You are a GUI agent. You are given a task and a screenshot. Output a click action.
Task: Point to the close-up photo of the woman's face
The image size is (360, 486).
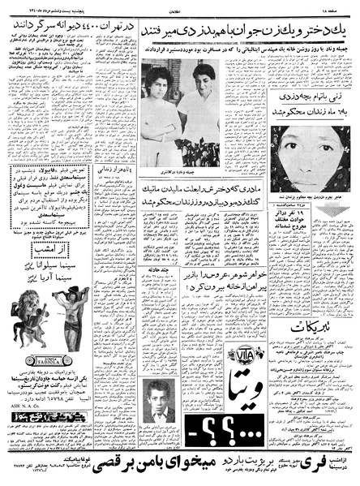tap(314, 167)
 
